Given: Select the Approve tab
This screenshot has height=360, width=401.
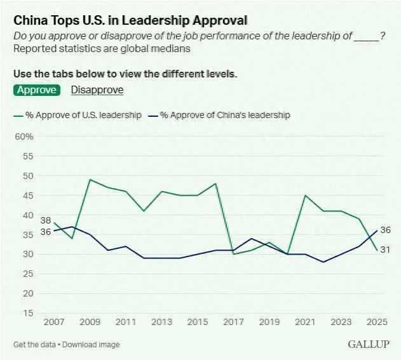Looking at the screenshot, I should [36, 90].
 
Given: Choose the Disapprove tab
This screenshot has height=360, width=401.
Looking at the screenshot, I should [97, 90].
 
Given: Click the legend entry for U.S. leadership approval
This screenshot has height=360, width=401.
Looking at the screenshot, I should [78, 116].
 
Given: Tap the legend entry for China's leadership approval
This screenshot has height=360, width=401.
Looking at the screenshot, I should [219, 116].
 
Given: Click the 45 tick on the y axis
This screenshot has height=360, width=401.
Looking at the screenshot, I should [27, 196].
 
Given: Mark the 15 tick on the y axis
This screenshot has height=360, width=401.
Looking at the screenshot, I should [27, 313].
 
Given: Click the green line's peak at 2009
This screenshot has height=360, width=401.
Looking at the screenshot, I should [90, 180].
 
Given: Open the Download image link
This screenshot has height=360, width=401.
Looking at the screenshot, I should [91, 345].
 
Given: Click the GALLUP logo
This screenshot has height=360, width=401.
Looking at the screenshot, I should [369, 344].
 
